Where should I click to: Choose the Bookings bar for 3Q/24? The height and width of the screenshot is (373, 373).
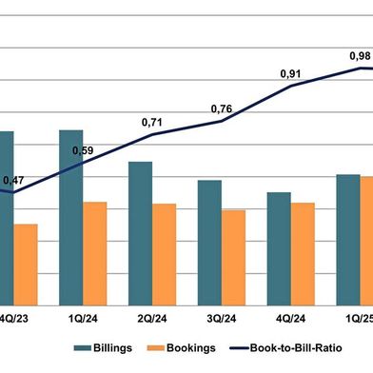coord(234,256)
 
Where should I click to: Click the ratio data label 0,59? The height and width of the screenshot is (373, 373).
coord(83,150)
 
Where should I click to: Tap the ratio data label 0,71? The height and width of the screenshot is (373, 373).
coord(152,123)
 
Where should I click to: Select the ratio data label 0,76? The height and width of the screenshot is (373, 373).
coord(222,109)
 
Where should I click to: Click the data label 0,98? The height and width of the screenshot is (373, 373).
coord(359,55)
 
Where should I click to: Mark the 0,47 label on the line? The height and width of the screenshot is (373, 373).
coord(14,180)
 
